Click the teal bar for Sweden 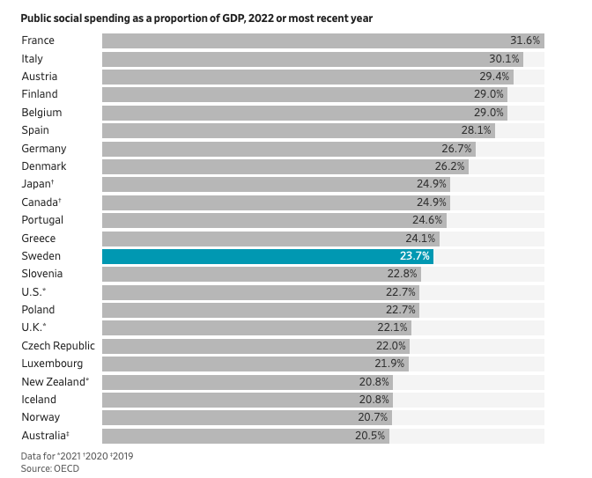click(268, 256)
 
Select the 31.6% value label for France click(525, 40)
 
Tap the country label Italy click(32, 59)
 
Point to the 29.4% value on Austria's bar click(494, 77)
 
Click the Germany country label click(44, 149)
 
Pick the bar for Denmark click(285, 166)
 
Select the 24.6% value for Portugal click(427, 219)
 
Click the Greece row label click(39, 239)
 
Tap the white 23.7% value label click(415, 256)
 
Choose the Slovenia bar click(262, 275)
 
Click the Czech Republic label click(58, 346)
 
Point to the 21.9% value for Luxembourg click(389, 364)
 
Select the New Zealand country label click(55, 381)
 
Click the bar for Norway click(247, 417)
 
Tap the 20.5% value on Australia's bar click(370, 436)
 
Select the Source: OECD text click(50, 468)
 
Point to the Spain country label click(35, 130)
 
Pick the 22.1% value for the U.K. click(392, 327)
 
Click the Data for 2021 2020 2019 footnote click(77, 456)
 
